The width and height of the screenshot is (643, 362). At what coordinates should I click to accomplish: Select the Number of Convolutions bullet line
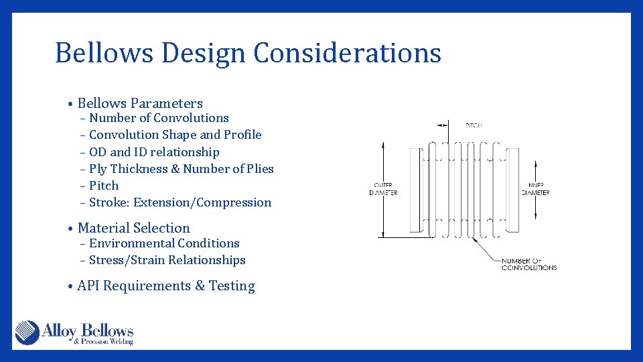(159, 118)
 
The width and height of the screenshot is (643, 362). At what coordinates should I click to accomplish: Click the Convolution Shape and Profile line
(175, 135)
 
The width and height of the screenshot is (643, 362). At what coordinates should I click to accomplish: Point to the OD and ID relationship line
(154, 152)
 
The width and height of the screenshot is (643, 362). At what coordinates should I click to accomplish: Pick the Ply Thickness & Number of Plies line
(181, 169)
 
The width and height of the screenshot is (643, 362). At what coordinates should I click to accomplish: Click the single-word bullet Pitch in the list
(104, 186)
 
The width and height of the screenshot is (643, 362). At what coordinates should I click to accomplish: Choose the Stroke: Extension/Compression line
(180, 202)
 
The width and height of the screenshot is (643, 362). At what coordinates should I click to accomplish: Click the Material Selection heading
(133, 228)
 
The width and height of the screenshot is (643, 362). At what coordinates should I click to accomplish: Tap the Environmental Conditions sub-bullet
(164, 243)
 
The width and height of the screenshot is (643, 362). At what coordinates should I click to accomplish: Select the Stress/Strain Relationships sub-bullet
(167, 260)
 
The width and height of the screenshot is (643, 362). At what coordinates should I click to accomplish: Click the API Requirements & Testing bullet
(165, 286)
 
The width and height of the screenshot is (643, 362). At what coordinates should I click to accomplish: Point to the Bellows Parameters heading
(140, 103)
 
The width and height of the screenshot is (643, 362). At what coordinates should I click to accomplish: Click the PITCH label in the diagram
(474, 125)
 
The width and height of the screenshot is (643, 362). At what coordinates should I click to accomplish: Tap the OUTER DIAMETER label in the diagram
(383, 189)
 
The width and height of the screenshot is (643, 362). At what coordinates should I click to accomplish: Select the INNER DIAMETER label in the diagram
(536, 189)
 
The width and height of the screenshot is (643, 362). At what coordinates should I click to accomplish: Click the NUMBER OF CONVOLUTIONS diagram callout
(529, 264)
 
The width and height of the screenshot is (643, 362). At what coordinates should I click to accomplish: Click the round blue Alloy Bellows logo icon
(27, 333)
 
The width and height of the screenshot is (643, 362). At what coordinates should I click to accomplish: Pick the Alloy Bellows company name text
(88, 330)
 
